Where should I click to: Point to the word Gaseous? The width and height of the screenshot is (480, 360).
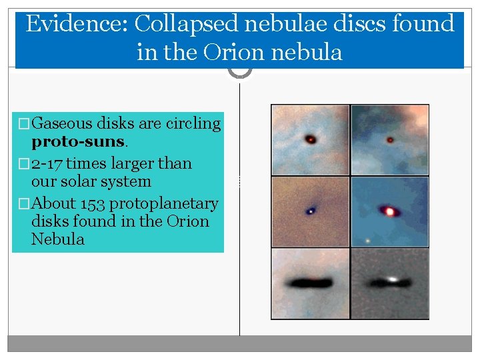click(x=62, y=123)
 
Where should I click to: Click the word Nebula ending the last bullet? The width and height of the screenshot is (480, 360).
click(x=58, y=239)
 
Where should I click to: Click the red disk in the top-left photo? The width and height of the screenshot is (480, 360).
click(x=310, y=139)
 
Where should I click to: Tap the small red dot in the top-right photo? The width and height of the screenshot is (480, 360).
click(x=390, y=140)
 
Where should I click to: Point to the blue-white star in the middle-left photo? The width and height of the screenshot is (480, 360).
click(x=310, y=211)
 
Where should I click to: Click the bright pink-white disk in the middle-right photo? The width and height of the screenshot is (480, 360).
click(x=391, y=211)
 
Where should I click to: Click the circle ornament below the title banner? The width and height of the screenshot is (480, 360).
click(x=240, y=70)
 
